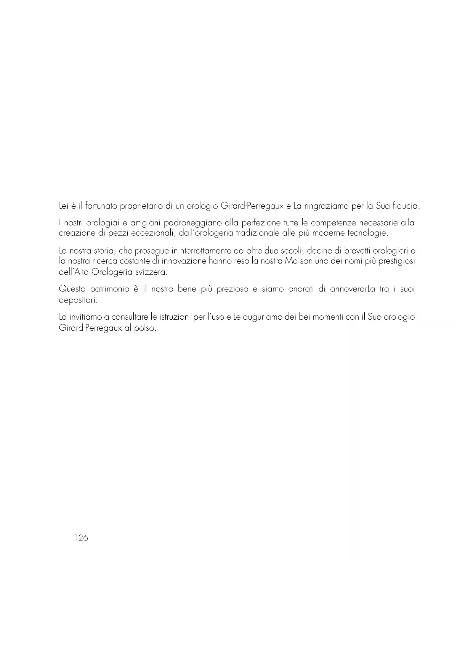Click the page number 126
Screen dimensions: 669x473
(x=81, y=538)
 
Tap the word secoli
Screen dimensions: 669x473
(x=291, y=251)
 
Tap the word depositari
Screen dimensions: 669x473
(x=78, y=300)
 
